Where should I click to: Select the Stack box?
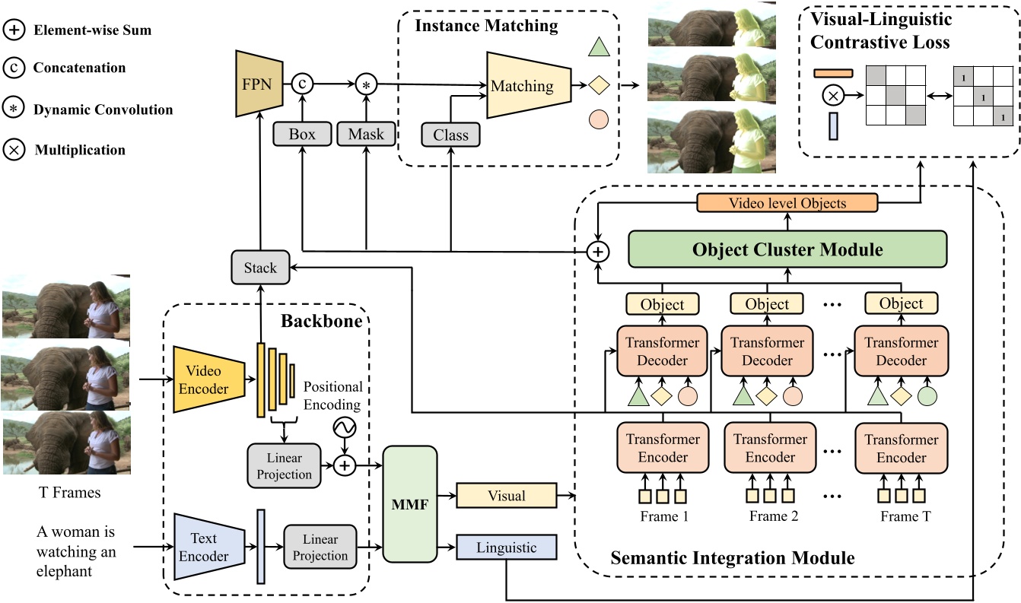(x=261, y=268)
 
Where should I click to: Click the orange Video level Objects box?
(x=787, y=203)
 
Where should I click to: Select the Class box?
(x=450, y=135)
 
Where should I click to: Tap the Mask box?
(x=367, y=135)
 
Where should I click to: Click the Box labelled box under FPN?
(x=302, y=135)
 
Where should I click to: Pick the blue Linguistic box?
(x=506, y=547)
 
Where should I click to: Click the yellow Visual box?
(x=506, y=496)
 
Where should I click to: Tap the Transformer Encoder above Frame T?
(x=902, y=448)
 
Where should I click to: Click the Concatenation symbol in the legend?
(x=14, y=68)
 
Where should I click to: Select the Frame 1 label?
(x=663, y=516)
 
